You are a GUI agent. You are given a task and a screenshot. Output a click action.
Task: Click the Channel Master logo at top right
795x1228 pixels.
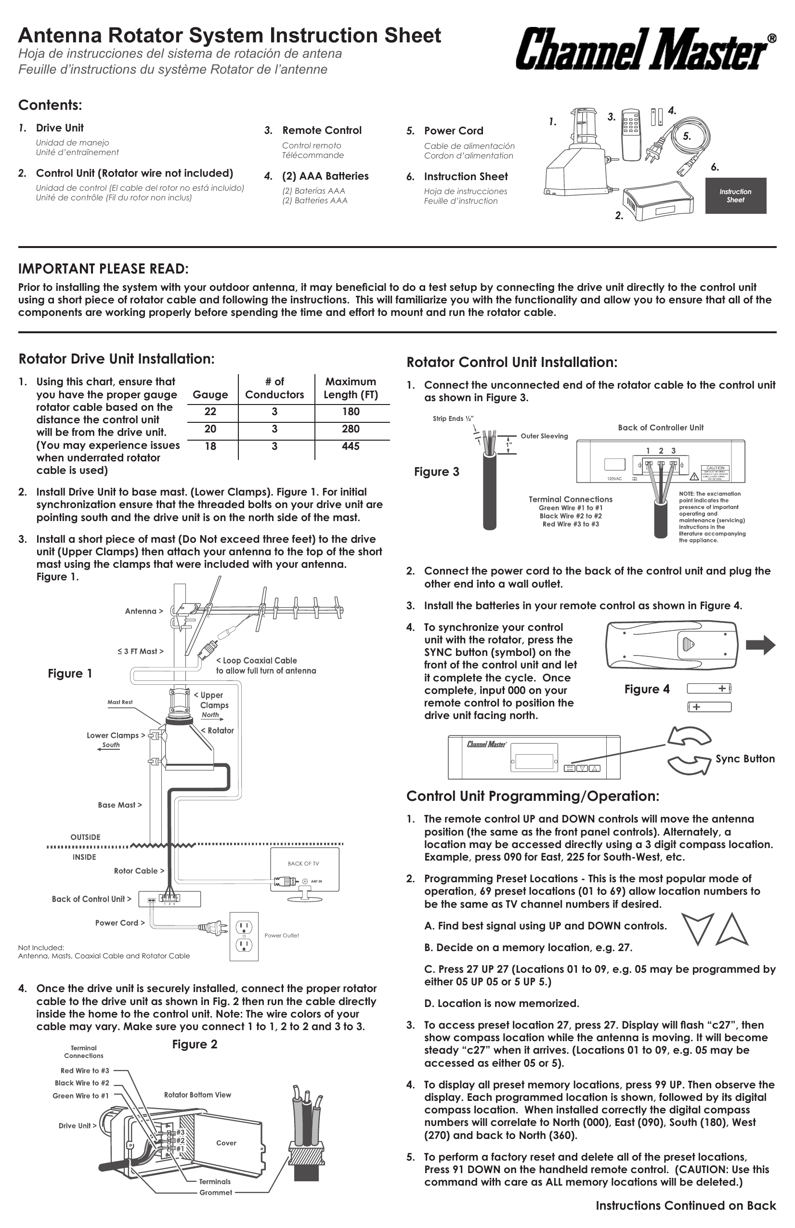645,50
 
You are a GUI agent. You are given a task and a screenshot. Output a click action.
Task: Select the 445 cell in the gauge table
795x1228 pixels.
350,446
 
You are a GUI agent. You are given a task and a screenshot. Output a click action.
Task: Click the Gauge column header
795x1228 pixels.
210,395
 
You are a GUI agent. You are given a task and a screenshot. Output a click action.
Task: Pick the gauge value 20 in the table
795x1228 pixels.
210,429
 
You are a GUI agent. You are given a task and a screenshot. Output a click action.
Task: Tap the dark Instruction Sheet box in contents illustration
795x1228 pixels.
735,196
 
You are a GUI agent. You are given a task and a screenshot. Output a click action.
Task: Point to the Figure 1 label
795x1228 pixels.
70,673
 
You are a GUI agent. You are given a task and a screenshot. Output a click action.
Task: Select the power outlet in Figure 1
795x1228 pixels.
244,936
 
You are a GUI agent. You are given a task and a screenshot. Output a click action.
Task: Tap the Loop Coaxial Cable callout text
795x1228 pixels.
265,665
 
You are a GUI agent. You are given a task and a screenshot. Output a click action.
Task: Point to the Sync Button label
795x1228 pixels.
744,758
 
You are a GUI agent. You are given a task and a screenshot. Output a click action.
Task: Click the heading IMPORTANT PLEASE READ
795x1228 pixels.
103,269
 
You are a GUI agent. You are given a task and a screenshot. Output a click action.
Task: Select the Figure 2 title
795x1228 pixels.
195,1045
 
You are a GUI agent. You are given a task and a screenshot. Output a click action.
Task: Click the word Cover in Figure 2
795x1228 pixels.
226,1143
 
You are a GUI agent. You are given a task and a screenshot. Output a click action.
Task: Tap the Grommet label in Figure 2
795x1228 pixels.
216,1192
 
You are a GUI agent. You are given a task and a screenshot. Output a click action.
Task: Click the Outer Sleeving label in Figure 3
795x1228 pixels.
544,436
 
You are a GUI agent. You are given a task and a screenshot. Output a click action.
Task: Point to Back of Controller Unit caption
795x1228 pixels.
660,427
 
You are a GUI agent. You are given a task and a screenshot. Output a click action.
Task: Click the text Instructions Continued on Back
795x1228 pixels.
685,1206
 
